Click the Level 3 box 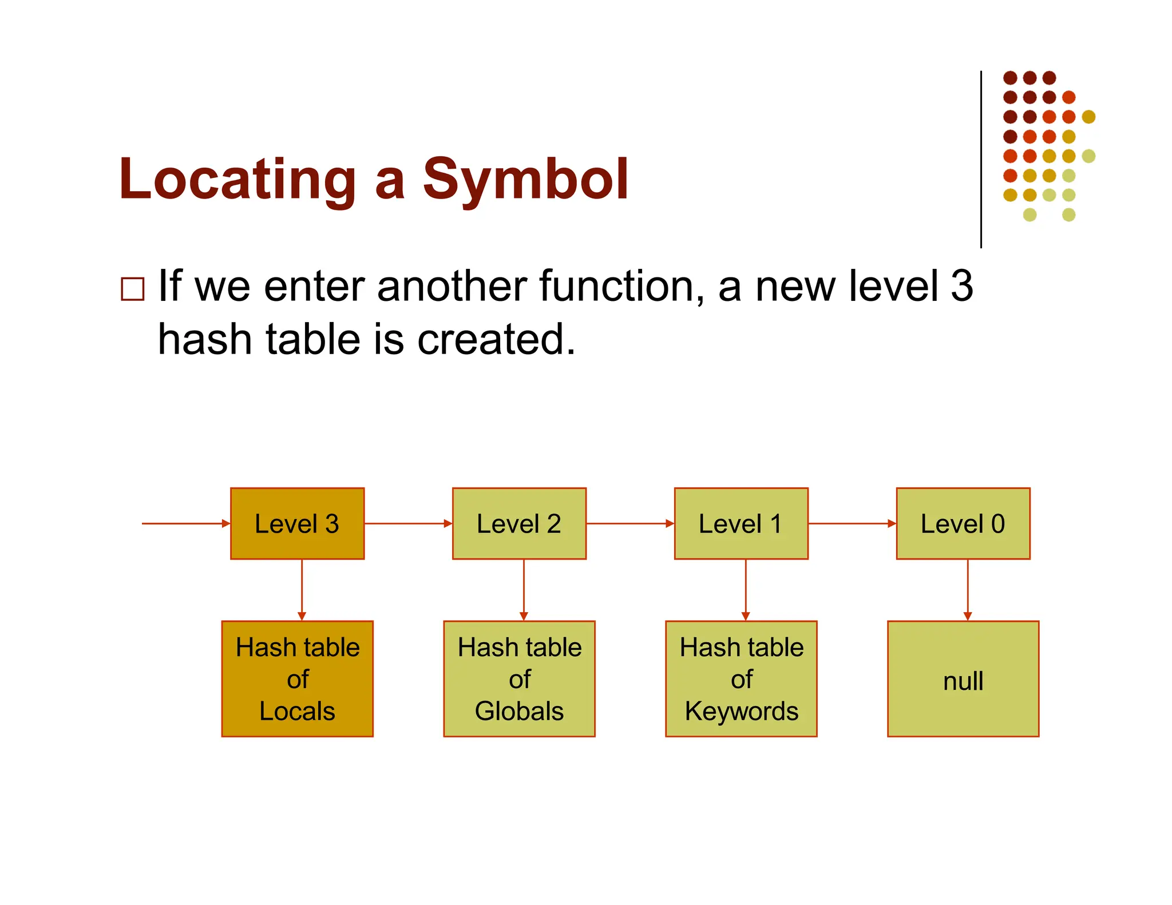coord(297,523)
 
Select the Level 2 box coord(519,523)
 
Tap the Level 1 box coord(741,523)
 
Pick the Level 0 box coord(963,523)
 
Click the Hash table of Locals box coord(297,679)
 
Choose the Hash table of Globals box coord(519,679)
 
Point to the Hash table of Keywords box coord(741,679)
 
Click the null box coord(963,679)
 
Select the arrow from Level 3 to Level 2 coord(408,523)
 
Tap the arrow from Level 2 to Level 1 coord(630,523)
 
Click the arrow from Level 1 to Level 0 coord(852,523)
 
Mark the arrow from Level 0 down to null coord(968,590)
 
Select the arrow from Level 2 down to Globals coord(524,590)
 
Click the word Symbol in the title coord(525,180)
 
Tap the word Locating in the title coord(237,180)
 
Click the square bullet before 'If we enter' coord(133,289)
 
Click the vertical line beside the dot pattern coord(981,160)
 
